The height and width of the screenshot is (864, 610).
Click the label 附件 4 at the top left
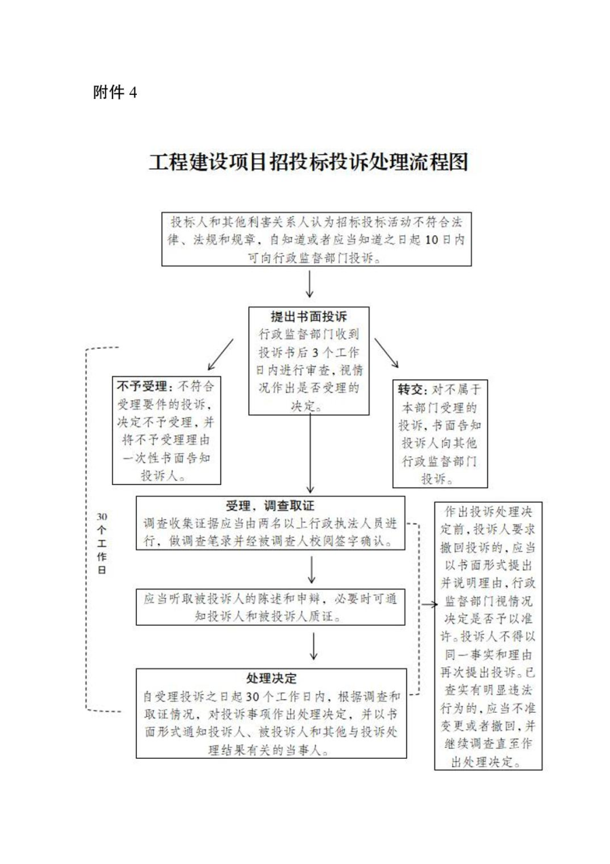point(115,93)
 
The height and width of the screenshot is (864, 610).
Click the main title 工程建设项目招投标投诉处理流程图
point(308,163)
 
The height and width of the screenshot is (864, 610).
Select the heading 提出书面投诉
point(309,317)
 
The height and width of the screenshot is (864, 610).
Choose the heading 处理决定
point(270,678)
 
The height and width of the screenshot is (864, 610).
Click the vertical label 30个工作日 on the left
point(102,543)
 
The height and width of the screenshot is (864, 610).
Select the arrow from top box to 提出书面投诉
point(310,284)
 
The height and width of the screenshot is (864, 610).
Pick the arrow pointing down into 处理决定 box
point(313,646)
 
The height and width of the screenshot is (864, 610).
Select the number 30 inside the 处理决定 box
point(252,696)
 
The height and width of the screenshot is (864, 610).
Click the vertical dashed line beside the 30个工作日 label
point(86,529)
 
